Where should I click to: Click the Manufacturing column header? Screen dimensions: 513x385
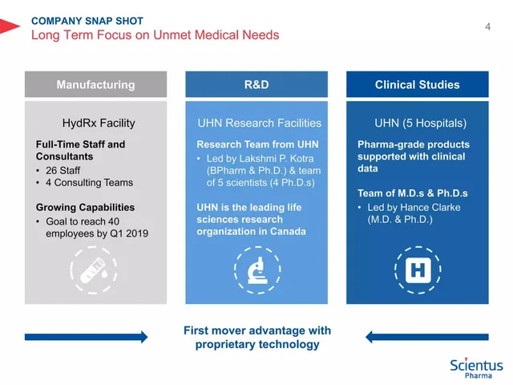click(x=95, y=84)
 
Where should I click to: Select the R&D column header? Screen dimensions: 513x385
click(x=256, y=84)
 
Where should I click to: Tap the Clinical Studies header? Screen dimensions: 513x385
click(x=418, y=84)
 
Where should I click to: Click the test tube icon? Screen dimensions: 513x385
click(x=93, y=270)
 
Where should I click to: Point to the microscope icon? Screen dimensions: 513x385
click(x=257, y=270)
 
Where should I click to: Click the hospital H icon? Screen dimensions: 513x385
click(x=418, y=270)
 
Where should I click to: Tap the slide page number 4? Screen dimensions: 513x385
click(x=488, y=26)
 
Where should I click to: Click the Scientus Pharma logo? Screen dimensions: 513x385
click(x=476, y=368)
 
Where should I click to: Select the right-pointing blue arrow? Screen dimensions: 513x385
click(x=86, y=337)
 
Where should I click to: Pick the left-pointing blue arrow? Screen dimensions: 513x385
click(x=427, y=337)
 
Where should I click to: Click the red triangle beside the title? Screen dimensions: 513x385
click(x=9, y=26)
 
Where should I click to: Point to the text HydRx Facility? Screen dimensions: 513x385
click(x=99, y=123)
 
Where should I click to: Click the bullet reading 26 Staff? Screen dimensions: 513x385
click(x=63, y=170)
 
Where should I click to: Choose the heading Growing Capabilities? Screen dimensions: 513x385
click(x=85, y=207)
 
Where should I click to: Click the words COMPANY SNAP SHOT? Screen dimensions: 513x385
click(x=87, y=21)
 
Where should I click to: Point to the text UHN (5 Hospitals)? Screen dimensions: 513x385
click(x=420, y=123)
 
